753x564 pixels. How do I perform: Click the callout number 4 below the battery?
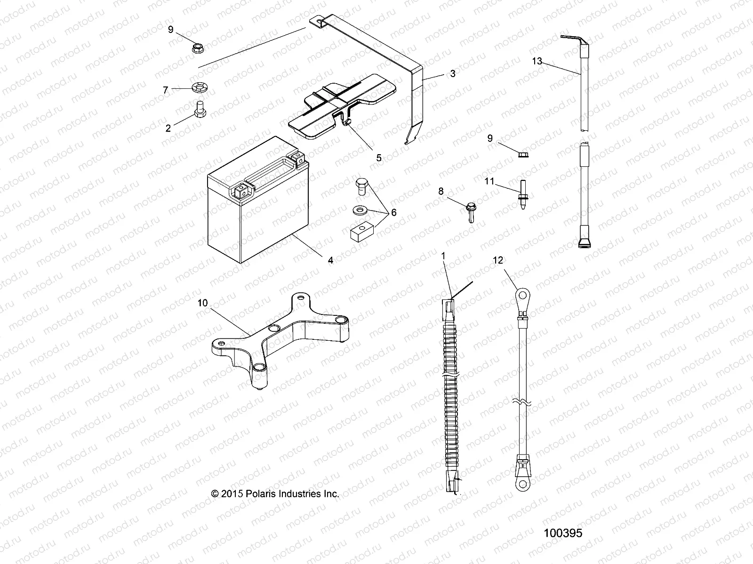tap(330, 259)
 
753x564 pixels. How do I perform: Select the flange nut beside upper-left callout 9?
tap(198, 47)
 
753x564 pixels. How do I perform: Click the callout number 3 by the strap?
tap(452, 74)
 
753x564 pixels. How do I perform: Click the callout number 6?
tap(393, 212)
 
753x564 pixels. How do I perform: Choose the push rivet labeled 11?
tap(523, 194)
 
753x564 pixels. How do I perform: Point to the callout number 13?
tap(537, 61)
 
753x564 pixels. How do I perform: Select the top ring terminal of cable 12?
tap(521, 297)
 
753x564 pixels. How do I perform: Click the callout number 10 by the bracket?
tap(202, 303)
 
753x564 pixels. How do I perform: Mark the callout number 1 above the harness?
tap(443, 256)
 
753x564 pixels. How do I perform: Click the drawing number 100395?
tap(563, 533)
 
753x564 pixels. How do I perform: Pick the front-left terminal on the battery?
tap(242, 191)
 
